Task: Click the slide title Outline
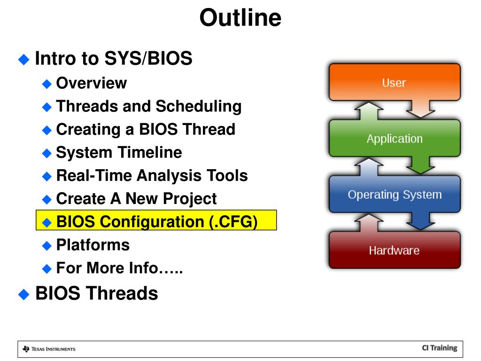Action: (240, 17)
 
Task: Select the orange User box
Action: (395, 82)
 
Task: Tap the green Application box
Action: (395, 139)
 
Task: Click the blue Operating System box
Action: (395, 194)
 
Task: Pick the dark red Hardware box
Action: (395, 250)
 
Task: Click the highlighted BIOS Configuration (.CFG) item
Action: (156, 220)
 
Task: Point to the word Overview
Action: (92, 83)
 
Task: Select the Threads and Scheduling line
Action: (149, 106)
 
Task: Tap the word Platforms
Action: (93, 245)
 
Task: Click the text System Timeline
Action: (119, 153)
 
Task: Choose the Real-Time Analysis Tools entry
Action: (152, 176)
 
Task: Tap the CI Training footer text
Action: (440, 348)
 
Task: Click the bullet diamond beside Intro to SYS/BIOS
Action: (23, 59)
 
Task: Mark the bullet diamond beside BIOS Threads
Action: (23, 294)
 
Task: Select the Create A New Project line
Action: (137, 199)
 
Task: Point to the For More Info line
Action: (119, 267)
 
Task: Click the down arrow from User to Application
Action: (420, 109)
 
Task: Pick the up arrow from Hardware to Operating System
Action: (369, 222)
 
